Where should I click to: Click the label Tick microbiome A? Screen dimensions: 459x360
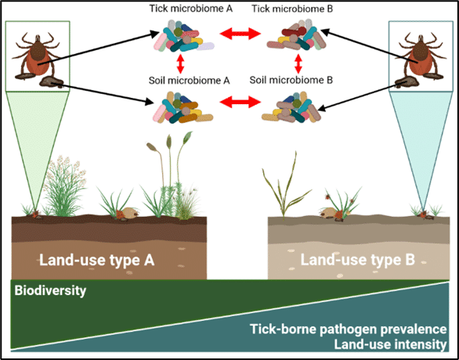191,9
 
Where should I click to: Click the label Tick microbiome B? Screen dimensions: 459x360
292,9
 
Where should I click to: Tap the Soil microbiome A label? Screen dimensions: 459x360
189,80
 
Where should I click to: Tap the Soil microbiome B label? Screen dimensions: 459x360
291,80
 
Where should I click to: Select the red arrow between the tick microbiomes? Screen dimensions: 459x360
240,34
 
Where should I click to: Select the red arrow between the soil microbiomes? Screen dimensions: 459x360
240,102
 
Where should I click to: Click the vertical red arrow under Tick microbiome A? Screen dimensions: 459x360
180,64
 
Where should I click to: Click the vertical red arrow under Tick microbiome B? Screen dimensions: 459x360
298,64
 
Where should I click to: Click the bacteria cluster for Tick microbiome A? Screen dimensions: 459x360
183,36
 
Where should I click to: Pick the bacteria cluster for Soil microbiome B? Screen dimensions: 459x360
291,107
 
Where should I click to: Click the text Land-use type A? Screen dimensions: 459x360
97,260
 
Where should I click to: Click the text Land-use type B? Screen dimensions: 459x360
358,260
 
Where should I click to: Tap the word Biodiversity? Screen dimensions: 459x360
50,290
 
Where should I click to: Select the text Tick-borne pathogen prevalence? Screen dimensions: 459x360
349,329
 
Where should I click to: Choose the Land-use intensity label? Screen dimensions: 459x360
391,344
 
